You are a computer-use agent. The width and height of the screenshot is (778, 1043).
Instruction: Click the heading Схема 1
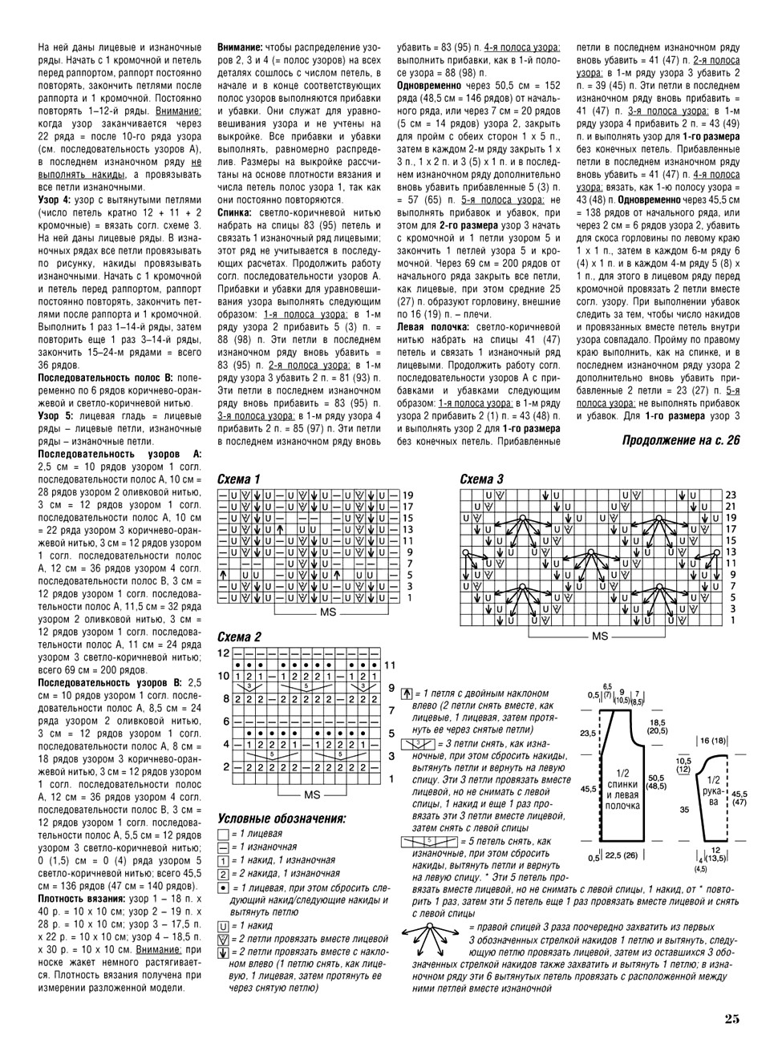[x=240, y=479]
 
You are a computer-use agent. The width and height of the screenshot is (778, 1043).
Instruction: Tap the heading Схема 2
[x=240, y=637]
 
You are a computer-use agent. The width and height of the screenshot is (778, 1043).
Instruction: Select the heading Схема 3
[x=482, y=479]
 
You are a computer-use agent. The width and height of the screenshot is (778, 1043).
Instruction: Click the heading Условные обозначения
[x=282, y=819]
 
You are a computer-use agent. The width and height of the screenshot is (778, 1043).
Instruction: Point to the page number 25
[x=731, y=1019]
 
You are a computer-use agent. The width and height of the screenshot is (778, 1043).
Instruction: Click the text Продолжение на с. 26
[x=680, y=439]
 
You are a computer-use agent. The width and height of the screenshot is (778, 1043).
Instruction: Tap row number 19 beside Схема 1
[x=407, y=495]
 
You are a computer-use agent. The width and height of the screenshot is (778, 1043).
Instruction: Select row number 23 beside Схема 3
[x=731, y=495]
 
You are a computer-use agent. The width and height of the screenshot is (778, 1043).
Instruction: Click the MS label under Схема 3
[x=600, y=636]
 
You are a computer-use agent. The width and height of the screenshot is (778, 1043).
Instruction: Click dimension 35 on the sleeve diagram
[x=684, y=810]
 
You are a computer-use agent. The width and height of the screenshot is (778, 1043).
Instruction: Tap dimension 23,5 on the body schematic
[x=588, y=733]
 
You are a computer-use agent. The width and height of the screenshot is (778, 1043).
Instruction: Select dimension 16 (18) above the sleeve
[x=713, y=741]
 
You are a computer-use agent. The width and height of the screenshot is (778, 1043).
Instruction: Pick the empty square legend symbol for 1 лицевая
[x=222, y=835]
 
